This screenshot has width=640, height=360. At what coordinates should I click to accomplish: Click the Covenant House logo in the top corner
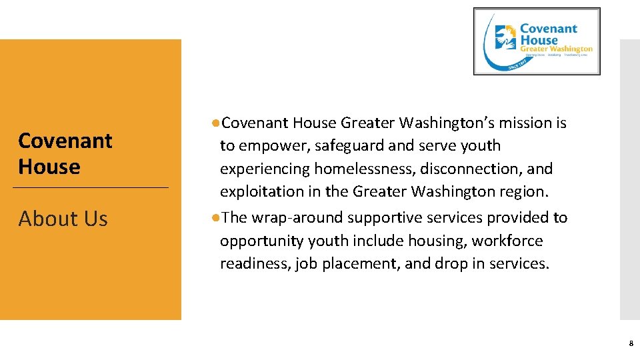[x=536, y=41]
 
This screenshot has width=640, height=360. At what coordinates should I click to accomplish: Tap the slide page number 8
[x=631, y=344]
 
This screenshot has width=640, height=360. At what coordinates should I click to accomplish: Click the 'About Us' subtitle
[x=63, y=219]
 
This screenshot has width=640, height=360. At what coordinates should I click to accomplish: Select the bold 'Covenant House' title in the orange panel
[x=65, y=153]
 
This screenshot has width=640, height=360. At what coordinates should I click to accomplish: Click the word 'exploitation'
[x=261, y=192]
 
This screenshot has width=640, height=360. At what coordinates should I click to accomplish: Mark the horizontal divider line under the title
[x=91, y=188]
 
